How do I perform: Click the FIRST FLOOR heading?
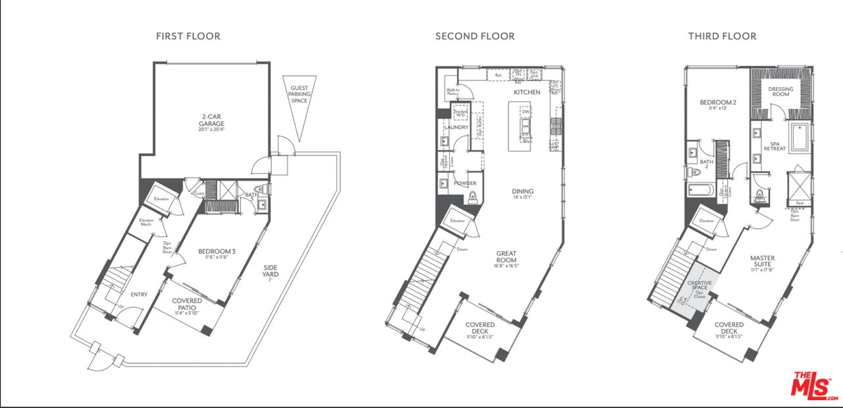[188, 36]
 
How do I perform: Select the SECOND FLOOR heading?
[475, 36]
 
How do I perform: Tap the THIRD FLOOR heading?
[722, 36]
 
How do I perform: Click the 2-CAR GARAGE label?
[212, 120]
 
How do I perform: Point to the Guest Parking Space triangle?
[300, 105]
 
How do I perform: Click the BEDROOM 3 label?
[216, 251]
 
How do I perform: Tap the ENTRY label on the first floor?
[139, 295]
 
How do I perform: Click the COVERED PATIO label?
[187, 305]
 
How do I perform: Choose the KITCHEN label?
[527, 92]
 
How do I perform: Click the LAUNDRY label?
[456, 127]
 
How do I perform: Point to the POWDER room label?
[465, 183]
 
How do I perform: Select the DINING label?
[522, 192]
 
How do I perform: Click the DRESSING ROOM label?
[780, 92]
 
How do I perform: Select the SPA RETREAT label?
[775, 146]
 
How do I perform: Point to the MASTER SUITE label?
[763, 262]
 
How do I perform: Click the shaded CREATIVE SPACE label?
[699, 286]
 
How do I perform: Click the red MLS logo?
[813, 385]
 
